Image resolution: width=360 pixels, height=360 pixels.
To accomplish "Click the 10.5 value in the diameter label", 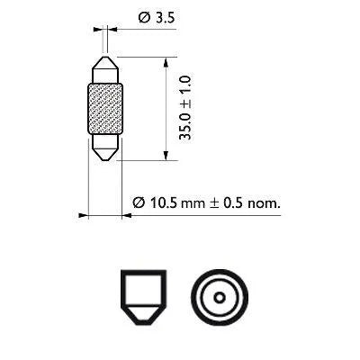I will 163,203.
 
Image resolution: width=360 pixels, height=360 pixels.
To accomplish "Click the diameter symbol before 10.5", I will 139,203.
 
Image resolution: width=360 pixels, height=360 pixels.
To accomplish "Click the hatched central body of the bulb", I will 105,110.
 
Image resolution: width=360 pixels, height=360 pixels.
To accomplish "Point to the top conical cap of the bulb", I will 105,68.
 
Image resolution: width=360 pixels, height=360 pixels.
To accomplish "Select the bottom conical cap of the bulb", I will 105,150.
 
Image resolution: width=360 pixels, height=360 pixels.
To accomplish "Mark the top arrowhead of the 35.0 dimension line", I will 165,61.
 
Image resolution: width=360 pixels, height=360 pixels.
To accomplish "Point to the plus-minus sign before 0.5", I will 214,203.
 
